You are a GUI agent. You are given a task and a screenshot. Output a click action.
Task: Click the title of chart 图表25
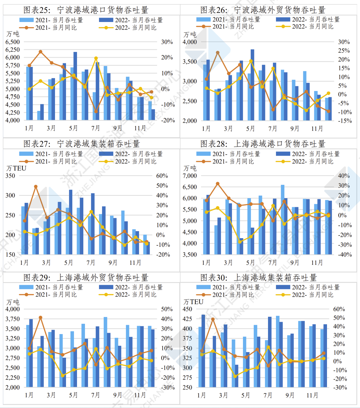pyautogui.click(x=86, y=10)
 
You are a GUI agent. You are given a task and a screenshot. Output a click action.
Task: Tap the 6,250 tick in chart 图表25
pyautogui.click(x=12, y=50)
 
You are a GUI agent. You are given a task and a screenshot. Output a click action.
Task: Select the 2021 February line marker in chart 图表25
pyautogui.click(x=40, y=52)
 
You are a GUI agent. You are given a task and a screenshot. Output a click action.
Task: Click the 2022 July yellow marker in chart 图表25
pyautogui.click(x=96, y=58)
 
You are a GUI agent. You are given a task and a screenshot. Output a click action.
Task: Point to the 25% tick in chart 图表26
pyautogui.click(x=344, y=51)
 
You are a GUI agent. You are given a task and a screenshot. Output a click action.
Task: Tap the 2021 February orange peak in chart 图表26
pyautogui.click(x=217, y=52)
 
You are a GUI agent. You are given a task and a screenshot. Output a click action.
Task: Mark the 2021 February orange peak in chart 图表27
pyautogui.click(x=36, y=187)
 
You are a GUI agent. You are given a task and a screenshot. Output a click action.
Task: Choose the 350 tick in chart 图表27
pyautogui.click(x=10, y=176)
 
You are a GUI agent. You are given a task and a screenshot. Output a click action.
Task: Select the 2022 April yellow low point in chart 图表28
pyautogui.click(x=240, y=241)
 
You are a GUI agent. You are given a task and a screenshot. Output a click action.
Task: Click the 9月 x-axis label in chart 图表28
pyautogui.click(x=295, y=263)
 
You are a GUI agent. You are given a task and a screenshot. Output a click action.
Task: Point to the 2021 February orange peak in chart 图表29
pyautogui.click(x=40, y=317)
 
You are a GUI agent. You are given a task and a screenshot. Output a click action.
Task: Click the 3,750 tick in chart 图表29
pyautogui.click(x=12, y=319)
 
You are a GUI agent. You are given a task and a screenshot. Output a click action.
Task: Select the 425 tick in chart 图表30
pyautogui.click(x=188, y=319)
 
